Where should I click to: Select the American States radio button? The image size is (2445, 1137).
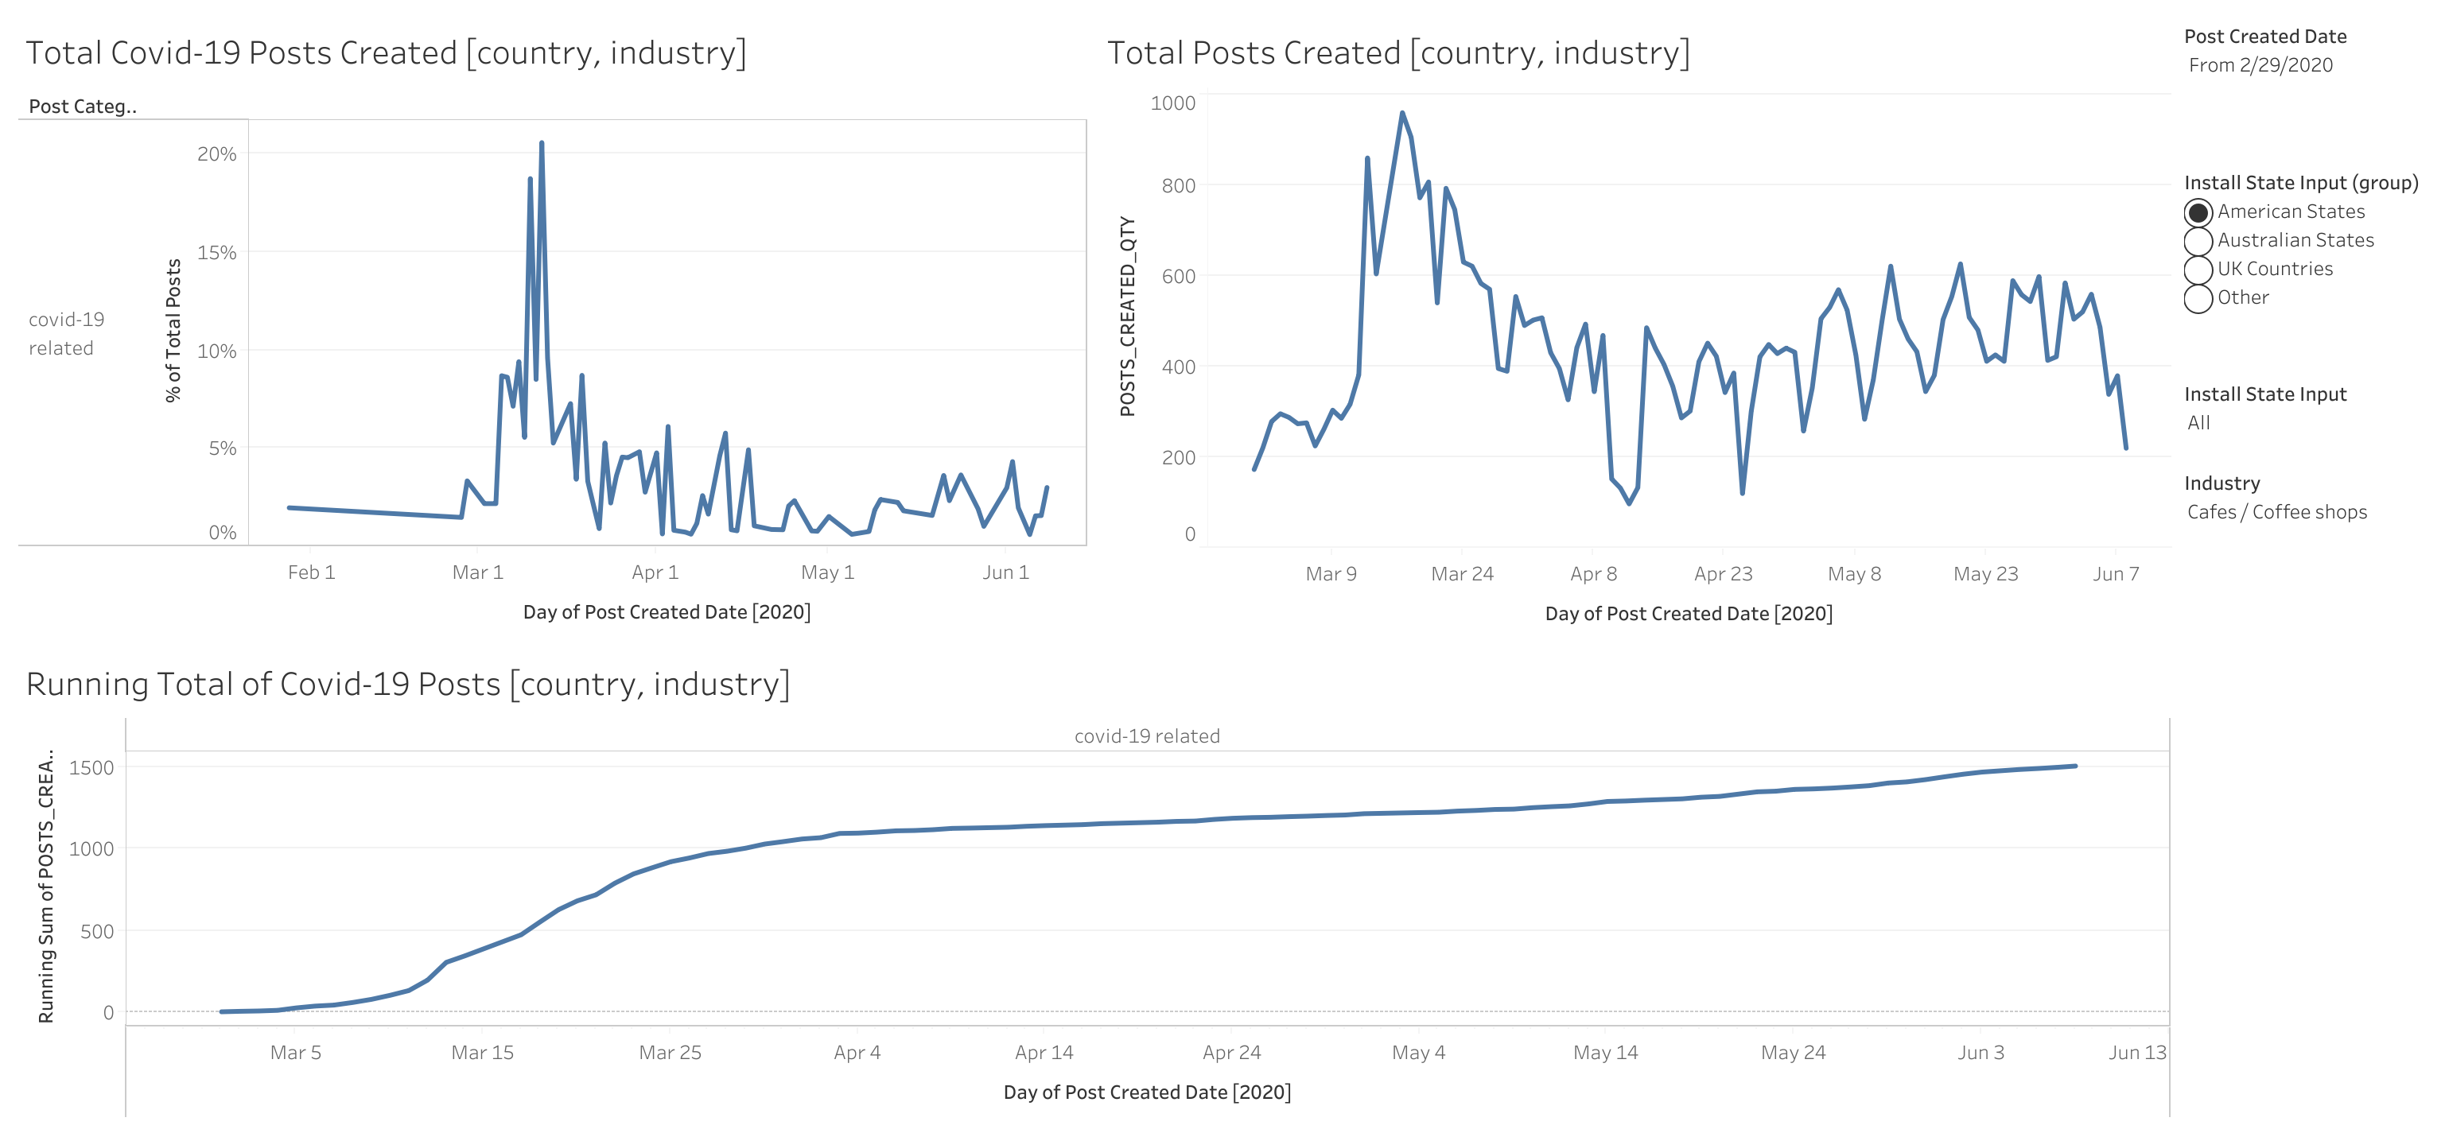2198,211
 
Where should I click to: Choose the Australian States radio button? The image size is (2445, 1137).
2198,240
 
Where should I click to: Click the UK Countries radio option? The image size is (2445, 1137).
2198,269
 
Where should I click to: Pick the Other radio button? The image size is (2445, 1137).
2198,298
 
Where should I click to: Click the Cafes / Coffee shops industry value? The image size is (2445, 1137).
2276,513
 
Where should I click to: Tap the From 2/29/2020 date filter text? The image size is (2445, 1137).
2260,65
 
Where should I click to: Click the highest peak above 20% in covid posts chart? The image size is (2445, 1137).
541,143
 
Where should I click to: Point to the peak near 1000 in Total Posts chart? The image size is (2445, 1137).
1402,113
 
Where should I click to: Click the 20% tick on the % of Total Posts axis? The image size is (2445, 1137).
216,153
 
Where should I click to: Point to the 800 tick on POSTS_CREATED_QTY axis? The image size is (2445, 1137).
1178,186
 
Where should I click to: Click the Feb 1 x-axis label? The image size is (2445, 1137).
311,572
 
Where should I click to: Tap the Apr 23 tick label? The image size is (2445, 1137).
1723,574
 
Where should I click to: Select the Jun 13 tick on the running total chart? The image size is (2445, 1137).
2136,1053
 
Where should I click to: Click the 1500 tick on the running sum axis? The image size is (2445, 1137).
91,768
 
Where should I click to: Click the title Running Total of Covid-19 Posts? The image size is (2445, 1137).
408,685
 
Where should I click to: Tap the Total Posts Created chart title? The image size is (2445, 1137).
1398,53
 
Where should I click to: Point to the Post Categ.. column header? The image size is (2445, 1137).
83,107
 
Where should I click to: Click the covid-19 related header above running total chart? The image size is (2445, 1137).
1147,736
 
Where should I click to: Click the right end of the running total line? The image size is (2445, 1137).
2075,766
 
